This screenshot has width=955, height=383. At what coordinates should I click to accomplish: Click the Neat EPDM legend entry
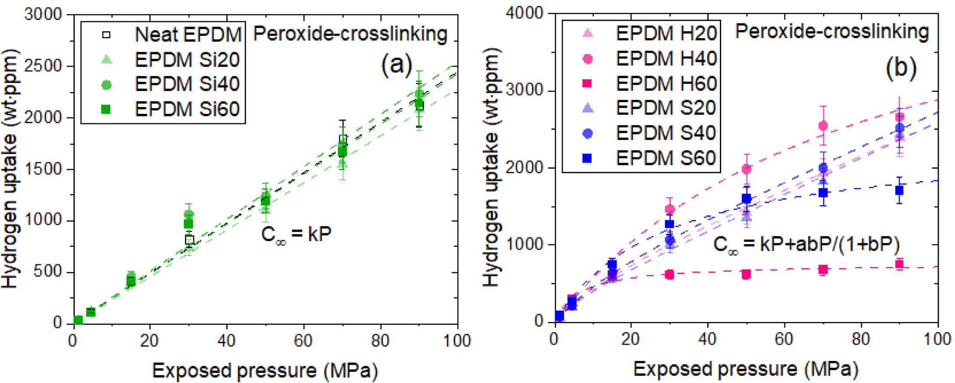(x=187, y=35)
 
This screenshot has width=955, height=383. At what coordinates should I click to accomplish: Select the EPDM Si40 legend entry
(x=187, y=84)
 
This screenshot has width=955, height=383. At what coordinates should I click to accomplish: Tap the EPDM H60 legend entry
(x=666, y=84)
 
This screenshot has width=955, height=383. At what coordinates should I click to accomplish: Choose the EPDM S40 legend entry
(x=666, y=133)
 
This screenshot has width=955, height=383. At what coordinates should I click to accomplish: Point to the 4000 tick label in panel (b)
(x=524, y=13)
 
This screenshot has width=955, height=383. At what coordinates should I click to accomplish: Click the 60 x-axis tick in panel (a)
(x=303, y=341)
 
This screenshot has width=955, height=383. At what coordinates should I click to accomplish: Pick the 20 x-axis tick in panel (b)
(x=631, y=339)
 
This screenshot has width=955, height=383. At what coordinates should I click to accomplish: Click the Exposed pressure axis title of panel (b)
(x=745, y=369)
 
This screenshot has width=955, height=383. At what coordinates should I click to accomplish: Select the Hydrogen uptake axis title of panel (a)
(x=10, y=169)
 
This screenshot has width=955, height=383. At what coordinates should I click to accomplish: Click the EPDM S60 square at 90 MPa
(x=900, y=190)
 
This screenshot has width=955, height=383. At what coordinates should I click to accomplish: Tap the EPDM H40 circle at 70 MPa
(x=823, y=126)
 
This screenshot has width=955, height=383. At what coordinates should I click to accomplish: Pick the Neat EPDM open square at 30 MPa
(x=189, y=240)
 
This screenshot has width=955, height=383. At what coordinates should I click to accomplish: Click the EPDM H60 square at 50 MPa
(x=746, y=274)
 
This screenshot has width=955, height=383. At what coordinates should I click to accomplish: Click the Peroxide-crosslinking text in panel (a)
(x=350, y=34)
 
